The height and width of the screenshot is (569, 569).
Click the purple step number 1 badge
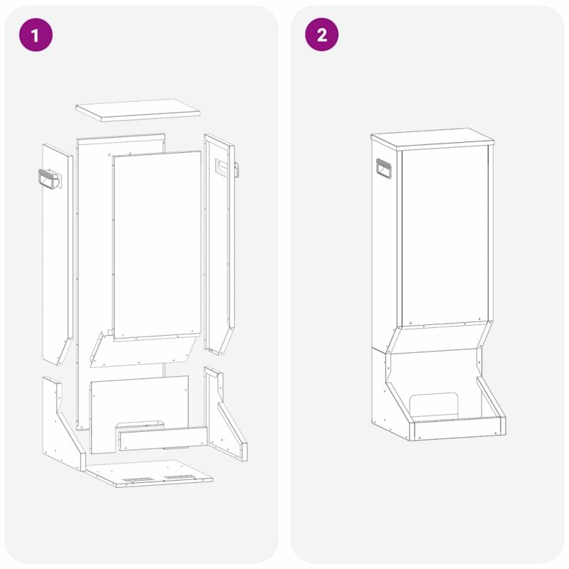coord(36,34)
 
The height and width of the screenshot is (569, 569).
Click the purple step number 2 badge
coord(321,34)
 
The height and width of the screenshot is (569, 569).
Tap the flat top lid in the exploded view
coord(138,110)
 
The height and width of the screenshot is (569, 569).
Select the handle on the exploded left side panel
coord(50,180)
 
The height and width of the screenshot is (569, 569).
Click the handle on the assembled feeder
coord(383,169)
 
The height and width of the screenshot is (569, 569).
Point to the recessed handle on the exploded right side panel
coord(221,167)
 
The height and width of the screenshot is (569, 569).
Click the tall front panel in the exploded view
coord(156,245)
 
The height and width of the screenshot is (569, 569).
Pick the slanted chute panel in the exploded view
coord(143,350)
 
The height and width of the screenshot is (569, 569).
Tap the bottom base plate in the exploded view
coord(149,473)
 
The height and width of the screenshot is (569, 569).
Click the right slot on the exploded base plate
coord(179,477)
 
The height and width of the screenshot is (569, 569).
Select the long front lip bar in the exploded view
coord(163,438)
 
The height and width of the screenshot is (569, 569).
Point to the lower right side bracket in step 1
coord(225,414)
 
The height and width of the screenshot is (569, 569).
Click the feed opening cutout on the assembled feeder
coord(434,405)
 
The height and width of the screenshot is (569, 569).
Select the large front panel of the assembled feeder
coord(445,236)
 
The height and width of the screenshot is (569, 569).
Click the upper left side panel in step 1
coord(58,254)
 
